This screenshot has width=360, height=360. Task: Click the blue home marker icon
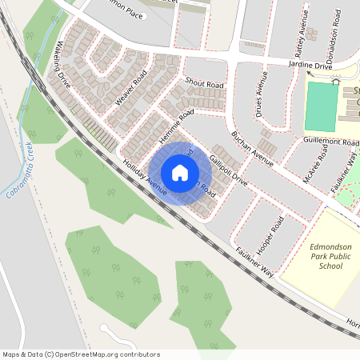(x=180, y=173)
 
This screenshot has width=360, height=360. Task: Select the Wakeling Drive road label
(x=63, y=68)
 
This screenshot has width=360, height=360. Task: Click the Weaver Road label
(x=131, y=88)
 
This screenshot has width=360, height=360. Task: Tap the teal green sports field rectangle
(x=322, y=106)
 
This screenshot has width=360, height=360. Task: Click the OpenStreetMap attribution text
(x=81, y=354)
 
